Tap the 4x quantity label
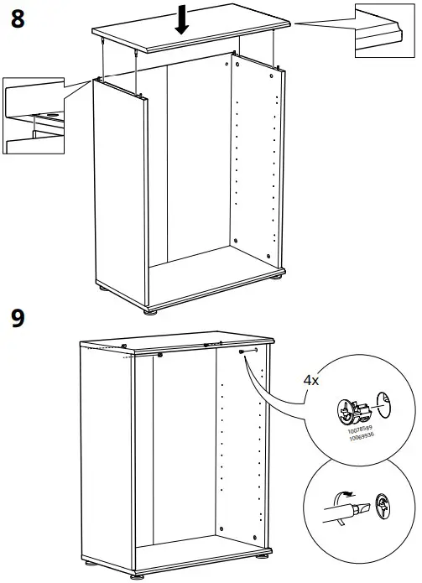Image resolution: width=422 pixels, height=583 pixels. pyautogui.click(x=311, y=380)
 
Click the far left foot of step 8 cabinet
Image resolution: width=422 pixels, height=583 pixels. pyautogui.click(x=102, y=289)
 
